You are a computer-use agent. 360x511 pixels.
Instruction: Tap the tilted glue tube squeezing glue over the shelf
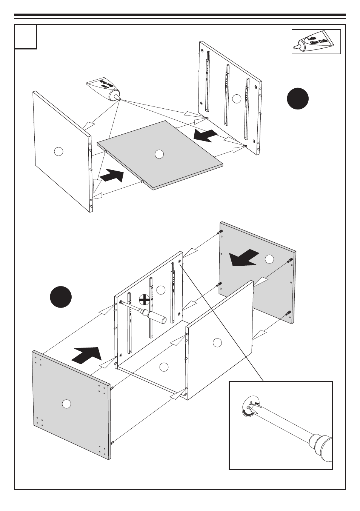point(103,89)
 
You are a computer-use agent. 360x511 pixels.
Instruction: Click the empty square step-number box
point(26,37)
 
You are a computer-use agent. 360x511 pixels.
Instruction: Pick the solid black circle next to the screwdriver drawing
point(60,297)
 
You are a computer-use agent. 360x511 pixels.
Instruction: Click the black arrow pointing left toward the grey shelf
point(206,136)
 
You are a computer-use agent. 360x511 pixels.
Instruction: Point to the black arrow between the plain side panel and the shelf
point(112,175)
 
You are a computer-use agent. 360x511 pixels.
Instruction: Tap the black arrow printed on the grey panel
point(245,258)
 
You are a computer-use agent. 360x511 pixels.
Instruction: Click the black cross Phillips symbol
point(144,300)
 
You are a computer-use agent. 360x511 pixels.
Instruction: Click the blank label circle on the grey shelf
point(159,154)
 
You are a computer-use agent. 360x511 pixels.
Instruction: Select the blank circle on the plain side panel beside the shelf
point(58,152)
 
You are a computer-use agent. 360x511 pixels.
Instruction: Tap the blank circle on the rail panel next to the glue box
point(237,99)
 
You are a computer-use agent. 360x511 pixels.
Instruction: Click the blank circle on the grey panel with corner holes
point(66,403)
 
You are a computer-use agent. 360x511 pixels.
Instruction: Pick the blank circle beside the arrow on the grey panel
point(269,259)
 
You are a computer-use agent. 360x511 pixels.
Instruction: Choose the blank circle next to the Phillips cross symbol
point(161,290)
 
